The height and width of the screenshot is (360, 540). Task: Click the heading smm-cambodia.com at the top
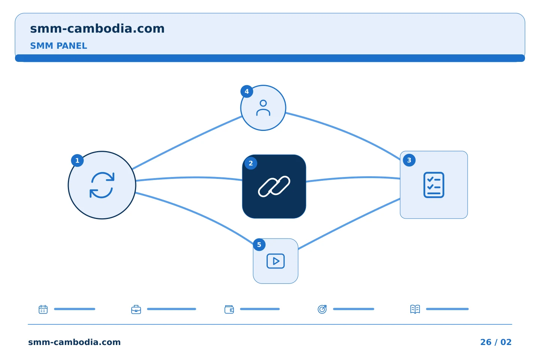tap(97, 28)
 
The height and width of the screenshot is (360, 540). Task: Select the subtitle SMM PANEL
tap(58, 46)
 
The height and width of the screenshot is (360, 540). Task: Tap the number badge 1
tap(77, 160)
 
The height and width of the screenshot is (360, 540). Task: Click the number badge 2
tap(251, 163)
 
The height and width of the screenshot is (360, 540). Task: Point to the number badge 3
tap(409, 160)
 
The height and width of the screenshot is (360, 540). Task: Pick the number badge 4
tap(247, 91)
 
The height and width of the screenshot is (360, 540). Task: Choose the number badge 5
tap(259, 245)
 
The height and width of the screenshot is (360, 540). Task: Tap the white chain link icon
tap(274, 186)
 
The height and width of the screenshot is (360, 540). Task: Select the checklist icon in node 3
tap(433, 185)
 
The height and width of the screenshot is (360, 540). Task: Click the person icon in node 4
tap(263, 108)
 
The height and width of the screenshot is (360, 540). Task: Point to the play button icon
tap(276, 261)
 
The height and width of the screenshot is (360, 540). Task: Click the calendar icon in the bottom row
tap(43, 309)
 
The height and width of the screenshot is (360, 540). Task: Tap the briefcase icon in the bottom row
tap(136, 309)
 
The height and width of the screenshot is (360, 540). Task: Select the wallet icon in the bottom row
tap(229, 309)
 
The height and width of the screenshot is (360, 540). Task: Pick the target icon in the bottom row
tap(322, 309)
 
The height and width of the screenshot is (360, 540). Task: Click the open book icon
tap(415, 309)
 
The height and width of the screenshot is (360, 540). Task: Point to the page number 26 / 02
tap(496, 342)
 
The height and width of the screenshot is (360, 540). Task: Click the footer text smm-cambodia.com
tap(74, 342)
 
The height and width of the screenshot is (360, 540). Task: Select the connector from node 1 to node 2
tap(189, 178)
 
